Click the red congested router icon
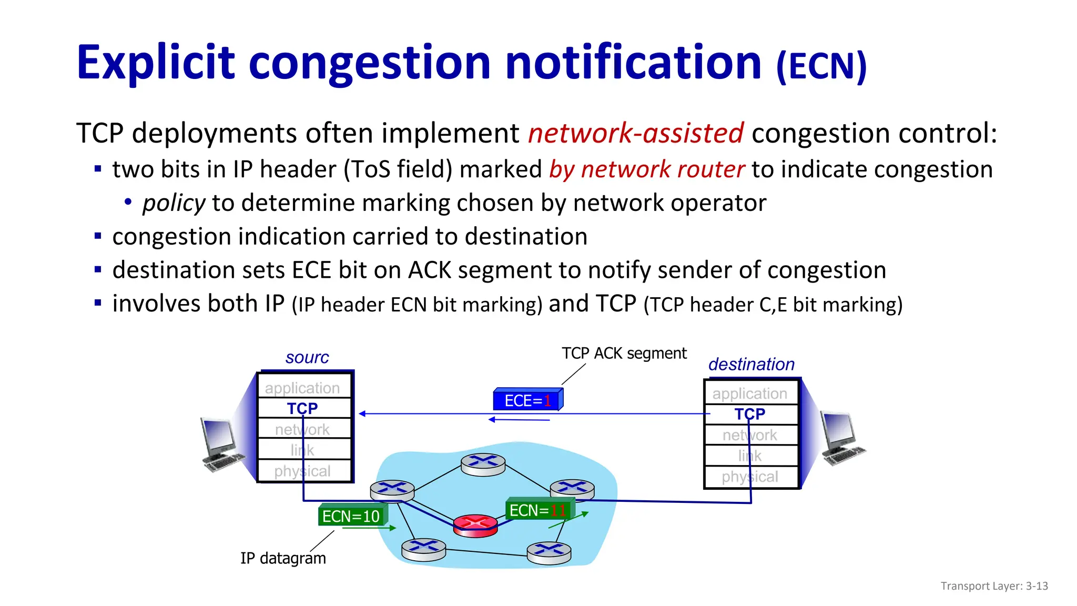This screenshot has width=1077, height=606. click(475, 525)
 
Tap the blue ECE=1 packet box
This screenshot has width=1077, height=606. click(527, 400)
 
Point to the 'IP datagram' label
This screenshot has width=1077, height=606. click(283, 558)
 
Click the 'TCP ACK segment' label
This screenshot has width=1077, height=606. click(624, 353)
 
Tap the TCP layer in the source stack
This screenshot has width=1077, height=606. click(303, 408)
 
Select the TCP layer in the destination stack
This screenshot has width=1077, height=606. click(750, 414)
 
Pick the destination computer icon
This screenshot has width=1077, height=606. click(842, 438)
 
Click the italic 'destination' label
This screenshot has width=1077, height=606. click(751, 364)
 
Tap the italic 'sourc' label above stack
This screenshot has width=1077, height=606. click(307, 358)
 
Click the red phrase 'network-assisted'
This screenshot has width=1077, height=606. click(635, 133)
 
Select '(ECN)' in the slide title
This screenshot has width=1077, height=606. click(821, 66)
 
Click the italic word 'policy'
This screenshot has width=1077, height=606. click(174, 203)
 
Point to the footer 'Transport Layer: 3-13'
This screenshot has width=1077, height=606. click(994, 586)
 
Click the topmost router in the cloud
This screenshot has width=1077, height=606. click(483, 464)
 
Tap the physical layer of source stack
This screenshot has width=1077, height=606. click(303, 471)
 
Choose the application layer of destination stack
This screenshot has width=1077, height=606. click(750, 393)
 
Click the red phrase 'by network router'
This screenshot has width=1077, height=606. click(647, 169)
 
